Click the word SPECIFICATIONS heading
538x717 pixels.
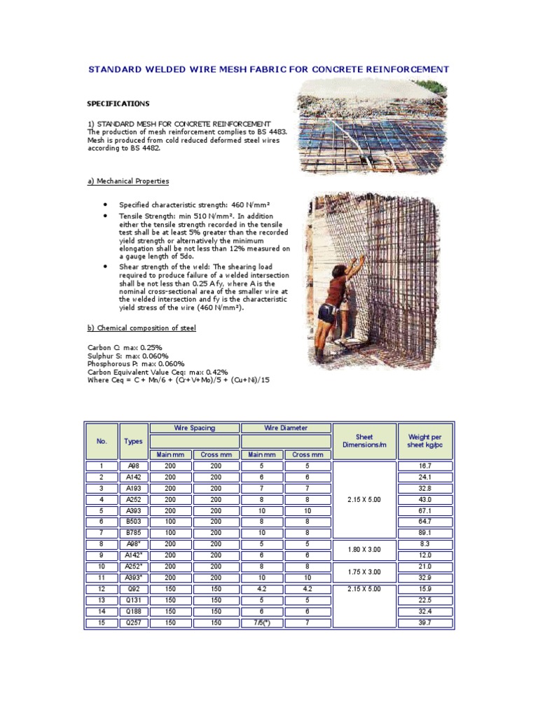tap(118, 104)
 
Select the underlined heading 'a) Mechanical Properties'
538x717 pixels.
tap(127, 181)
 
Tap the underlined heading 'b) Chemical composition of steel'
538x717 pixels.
tap(142, 328)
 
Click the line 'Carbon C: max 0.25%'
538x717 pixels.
tap(125, 348)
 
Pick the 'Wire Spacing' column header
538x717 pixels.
tap(194, 428)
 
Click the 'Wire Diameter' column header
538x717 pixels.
tap(286, 428)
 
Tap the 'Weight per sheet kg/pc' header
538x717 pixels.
tap(425, 441)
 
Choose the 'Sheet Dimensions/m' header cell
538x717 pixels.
tap(364, 441)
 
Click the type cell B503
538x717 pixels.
tap(133, 522)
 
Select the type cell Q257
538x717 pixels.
tap(133, 622)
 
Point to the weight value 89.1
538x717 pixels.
tap(425, 533)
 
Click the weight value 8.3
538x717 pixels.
tap(425, 544)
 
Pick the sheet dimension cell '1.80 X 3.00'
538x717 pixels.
tap(364, 550)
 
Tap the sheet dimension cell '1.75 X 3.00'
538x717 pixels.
tap(364, 572)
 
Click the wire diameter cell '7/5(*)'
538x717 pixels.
tap(263, 622)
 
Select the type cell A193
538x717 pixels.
tap(133, 488)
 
